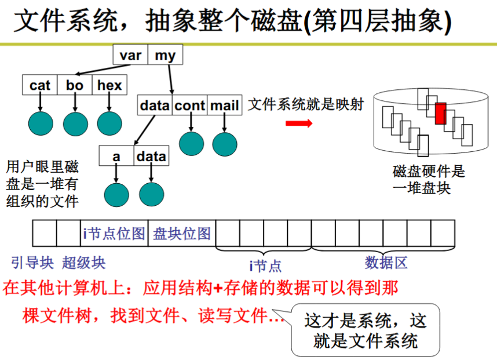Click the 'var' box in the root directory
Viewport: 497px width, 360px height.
click(130, 54)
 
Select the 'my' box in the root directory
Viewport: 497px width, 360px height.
click(165, 54)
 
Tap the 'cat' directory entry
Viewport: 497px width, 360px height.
click(39, 85)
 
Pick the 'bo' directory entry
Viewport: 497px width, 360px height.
click(75, 85)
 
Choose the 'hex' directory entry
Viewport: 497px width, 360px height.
click(109, 85)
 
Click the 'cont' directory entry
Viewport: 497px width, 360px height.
click(189, 105)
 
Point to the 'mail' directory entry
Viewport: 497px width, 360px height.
click(224, 105)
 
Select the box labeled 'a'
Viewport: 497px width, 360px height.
click(116, 155)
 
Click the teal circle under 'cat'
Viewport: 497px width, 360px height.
click(41, 123)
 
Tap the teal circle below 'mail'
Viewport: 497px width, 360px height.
click(225, 144)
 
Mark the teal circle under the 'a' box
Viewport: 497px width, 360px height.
click(116, 195)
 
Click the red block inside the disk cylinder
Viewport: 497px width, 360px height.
click(441, 114)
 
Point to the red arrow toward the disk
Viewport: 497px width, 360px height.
click(299, 123)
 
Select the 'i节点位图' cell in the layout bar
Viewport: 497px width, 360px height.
click(114, 234)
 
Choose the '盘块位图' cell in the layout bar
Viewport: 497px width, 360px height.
click(182, 234)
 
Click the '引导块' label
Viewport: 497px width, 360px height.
click(32, 263)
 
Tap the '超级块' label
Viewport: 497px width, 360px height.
click(83, 263)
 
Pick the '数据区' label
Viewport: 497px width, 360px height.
click(386, 263)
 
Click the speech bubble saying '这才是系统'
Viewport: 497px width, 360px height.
click(365, 330)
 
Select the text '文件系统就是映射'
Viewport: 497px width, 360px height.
click(306, 104)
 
